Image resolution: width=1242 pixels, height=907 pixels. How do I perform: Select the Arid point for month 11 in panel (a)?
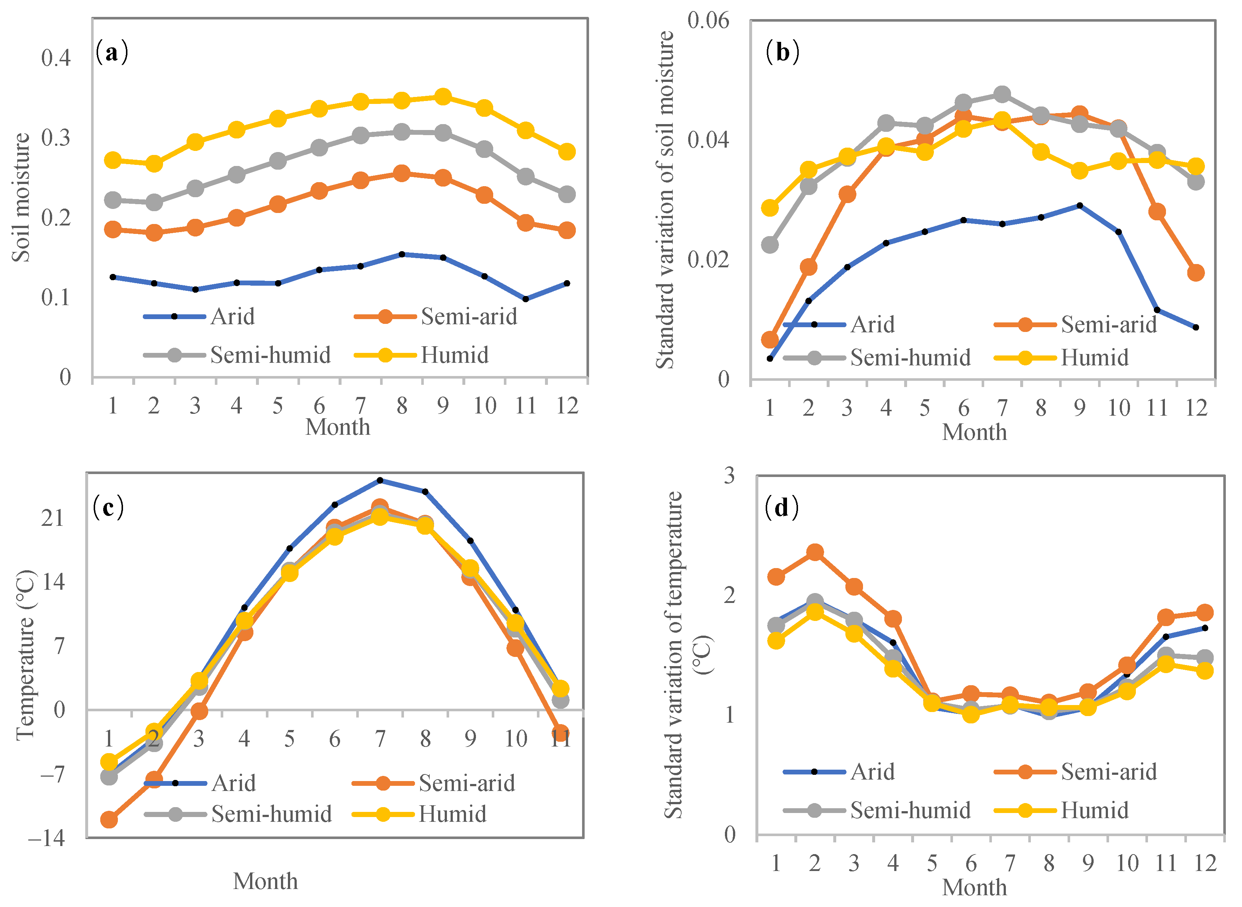coord(526,299)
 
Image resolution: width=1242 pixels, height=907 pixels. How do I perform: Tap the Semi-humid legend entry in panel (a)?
coord(270,355)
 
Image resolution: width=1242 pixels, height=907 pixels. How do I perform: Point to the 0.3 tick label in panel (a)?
coord(56,138)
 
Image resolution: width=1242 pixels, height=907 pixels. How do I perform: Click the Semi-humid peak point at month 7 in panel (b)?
coord(1002,94)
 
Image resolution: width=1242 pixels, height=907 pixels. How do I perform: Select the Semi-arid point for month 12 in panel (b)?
coord(1196,272)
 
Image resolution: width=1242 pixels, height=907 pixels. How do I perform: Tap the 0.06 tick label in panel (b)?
coord(708,21)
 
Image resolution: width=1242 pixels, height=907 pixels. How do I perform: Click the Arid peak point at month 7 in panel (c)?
coord(380,480)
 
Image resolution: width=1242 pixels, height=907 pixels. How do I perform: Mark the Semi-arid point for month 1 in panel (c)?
coord(109,820)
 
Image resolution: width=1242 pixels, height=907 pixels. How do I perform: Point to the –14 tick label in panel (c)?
coord(47,838)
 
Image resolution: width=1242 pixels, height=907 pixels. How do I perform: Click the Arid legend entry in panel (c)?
coord(233,783)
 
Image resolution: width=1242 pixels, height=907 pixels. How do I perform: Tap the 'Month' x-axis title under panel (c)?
coord(265,882)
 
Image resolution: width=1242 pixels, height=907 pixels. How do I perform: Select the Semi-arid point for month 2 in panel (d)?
coord(815,552)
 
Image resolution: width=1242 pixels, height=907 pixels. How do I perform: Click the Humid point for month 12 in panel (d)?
coord(1205,671)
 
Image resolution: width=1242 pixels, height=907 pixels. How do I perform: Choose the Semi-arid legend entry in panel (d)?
coord(1109,772)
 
